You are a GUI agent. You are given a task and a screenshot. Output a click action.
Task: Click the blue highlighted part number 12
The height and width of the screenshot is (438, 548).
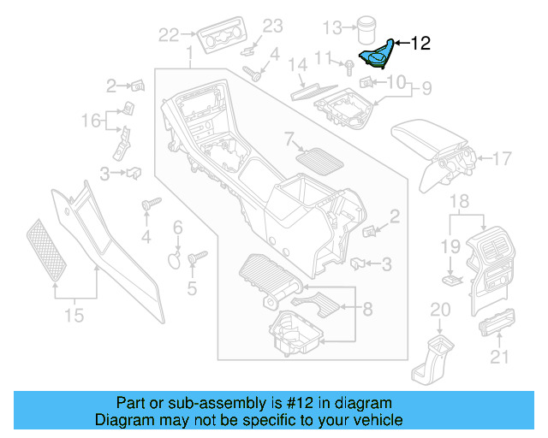click(x=378, y=54)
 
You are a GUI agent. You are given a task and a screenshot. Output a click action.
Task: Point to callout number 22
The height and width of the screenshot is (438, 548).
click(x=169, y=35)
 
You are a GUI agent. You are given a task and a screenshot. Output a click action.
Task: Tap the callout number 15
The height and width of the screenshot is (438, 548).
click(x=74, y=316)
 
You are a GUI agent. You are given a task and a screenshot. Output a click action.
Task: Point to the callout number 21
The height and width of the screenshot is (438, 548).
click(x=497, y=356)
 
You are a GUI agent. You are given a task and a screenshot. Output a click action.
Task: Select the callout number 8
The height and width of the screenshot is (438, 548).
click(x=367, y=307)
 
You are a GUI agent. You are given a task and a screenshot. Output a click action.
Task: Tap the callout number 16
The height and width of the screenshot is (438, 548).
click(x=91, y=121)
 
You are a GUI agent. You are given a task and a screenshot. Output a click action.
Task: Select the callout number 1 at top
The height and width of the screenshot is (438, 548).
click(x=188, y=56)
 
